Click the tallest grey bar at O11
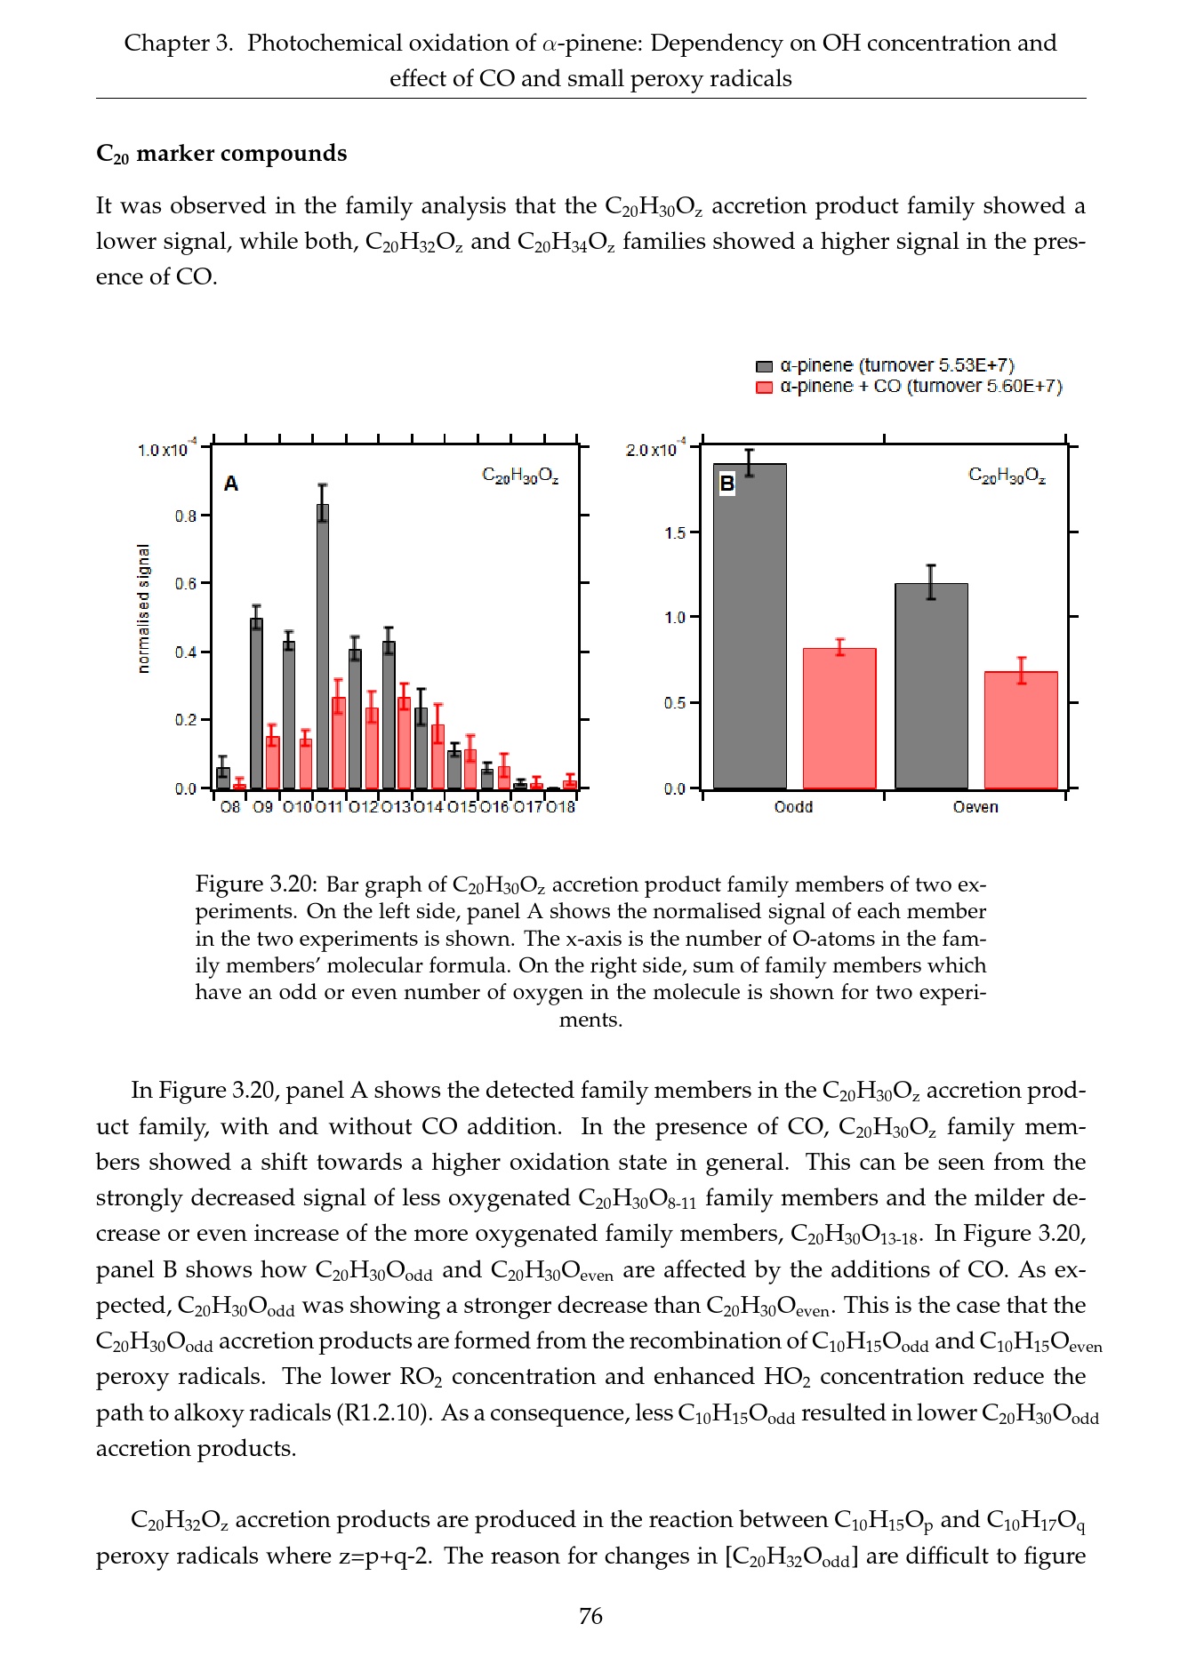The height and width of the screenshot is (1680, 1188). pos(323,646)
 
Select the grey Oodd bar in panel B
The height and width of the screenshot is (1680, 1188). pos(750,626)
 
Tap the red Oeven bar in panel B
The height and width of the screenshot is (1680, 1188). pos(1021,730)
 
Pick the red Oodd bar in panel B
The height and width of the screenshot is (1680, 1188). pos(839,718)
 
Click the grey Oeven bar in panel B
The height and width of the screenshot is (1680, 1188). pos(931,685)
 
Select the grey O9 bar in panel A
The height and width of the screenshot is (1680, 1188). pos(257,703)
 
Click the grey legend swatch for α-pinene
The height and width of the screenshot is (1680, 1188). pos(764,366)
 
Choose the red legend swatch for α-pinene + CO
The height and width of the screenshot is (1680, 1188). pos(764,388)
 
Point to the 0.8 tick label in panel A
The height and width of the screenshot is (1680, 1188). pos(186,516)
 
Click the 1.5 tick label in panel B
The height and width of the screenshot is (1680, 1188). pos(675,533)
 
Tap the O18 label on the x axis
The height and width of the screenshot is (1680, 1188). pos(561,807)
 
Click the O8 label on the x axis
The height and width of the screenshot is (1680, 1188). pos(230,807)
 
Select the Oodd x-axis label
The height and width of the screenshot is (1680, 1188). pos(793,807)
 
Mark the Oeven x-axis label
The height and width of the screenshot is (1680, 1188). pos(975,807)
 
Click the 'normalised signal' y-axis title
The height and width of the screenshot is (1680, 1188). pos(144,609)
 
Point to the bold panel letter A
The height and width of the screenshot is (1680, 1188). pos(231,484)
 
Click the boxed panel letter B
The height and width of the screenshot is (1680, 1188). pos(726,484)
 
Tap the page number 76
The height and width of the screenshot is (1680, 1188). pos(590,1616)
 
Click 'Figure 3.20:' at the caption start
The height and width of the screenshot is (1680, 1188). pos(255,884)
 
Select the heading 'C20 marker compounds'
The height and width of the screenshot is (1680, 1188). pos(221,154)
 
